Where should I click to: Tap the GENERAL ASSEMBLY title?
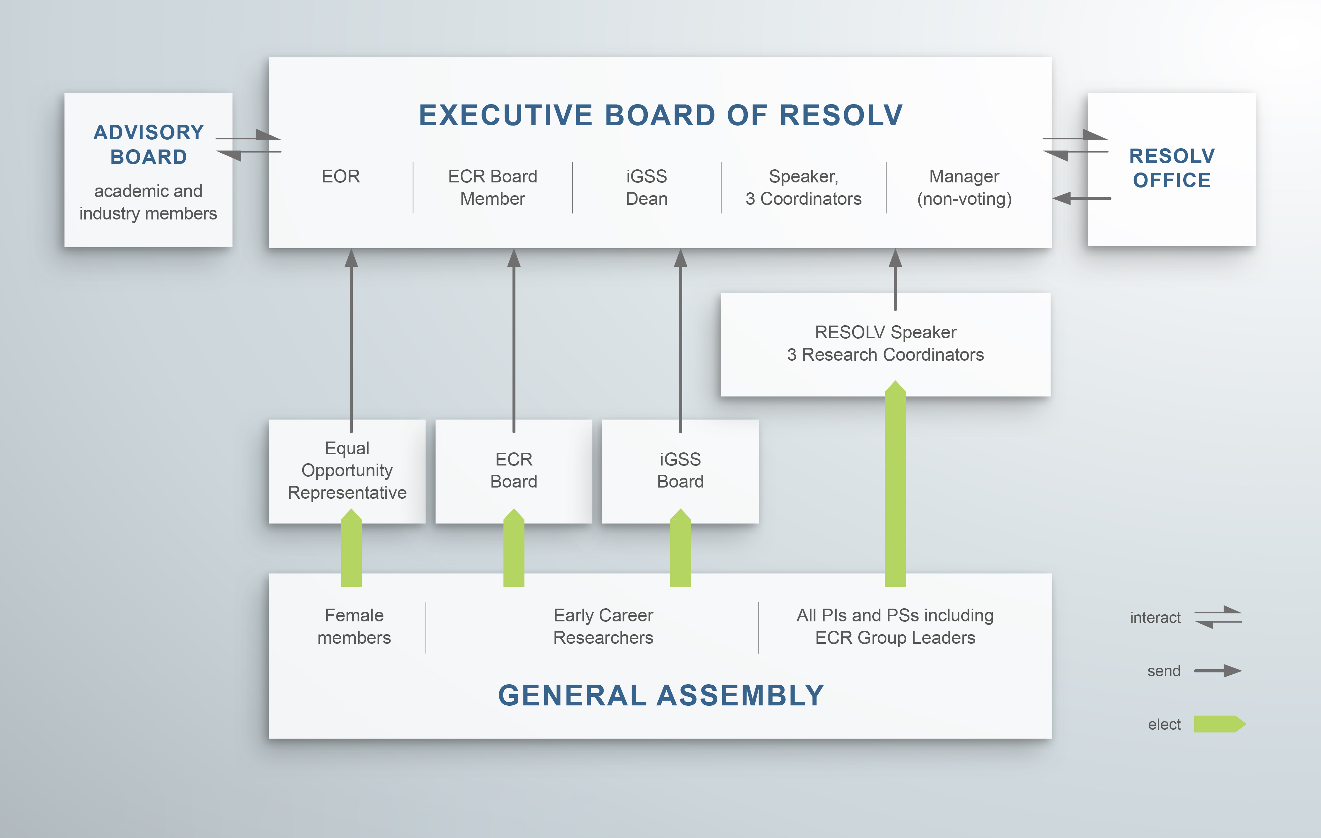(x=661, y=696)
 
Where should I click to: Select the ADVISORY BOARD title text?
(x=149, y=144)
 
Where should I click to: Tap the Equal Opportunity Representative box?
(x=347, y=471)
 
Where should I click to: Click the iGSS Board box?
(x=680, y=471)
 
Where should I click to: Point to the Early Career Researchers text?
(x=603, y=626)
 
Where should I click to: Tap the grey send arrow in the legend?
(x=1218, y=671)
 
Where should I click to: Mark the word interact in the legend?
(x=1155, y=618)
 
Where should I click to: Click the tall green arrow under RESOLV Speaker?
(x=895, y=484)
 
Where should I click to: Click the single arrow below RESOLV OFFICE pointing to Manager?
(x=1082, y=198)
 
